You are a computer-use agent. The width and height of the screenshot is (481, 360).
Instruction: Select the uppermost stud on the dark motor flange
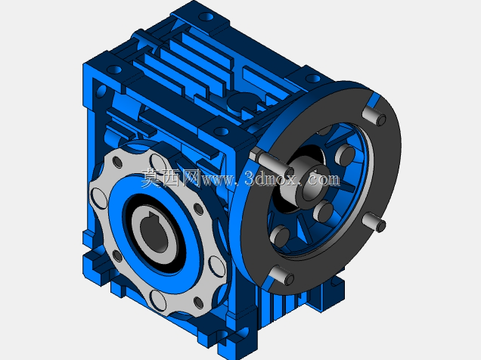(374, 115)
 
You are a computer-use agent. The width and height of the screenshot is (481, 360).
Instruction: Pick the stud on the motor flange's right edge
(374, 222)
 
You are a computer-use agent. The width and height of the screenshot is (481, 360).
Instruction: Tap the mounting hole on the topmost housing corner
(207, 16)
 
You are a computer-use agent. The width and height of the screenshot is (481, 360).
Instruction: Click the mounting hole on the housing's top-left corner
(114, 70)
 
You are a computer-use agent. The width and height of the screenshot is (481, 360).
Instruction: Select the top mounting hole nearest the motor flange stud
(312, 79)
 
